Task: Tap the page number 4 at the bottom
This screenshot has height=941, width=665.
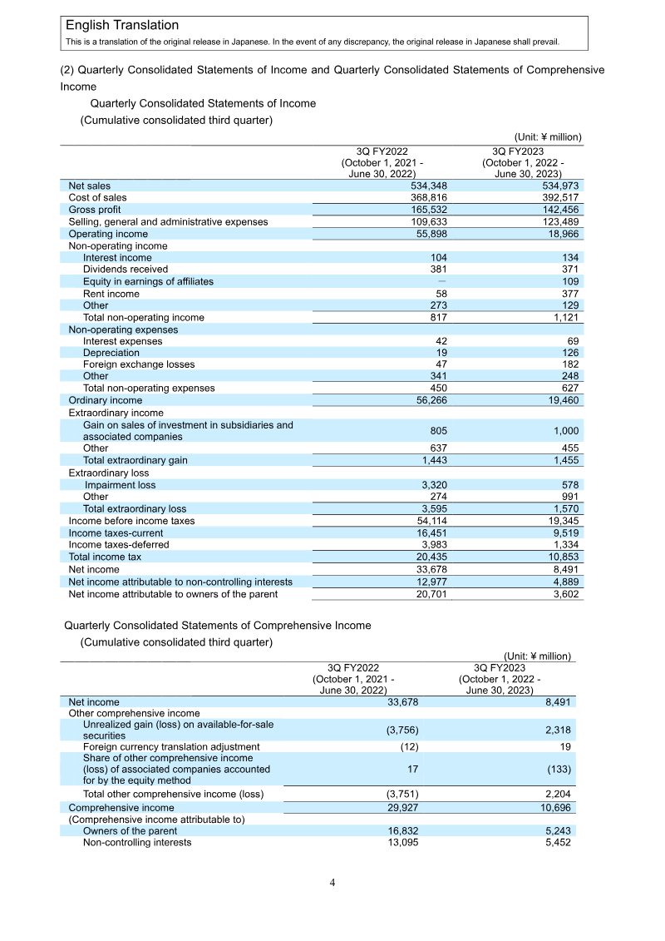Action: (332, 883)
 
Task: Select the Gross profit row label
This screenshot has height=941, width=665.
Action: (94, 210)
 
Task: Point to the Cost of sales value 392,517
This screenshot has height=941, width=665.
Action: (560, 198)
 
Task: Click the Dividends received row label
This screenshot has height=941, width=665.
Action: (125, 270)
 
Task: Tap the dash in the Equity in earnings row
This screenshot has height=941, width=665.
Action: (441, 282)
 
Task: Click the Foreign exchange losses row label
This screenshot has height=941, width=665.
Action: (139, 364)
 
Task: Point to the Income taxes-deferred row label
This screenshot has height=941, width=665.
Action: (118, 545)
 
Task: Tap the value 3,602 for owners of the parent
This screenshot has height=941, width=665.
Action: (565, 593)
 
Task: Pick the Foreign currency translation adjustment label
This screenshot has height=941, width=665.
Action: (171, 747)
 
